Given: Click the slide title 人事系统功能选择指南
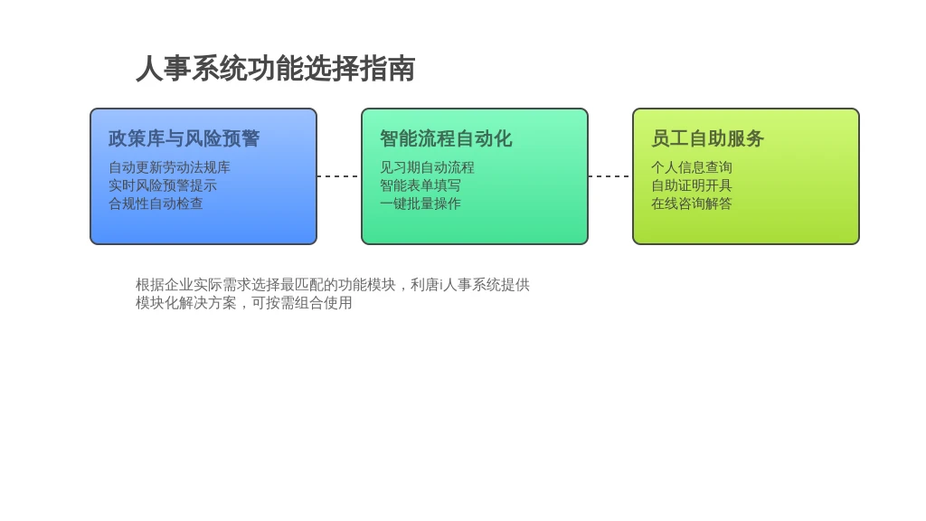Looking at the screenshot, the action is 276,69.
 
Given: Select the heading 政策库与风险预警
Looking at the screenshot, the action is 184,138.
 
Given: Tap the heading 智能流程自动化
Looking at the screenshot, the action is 446,138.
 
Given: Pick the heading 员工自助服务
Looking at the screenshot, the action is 707,138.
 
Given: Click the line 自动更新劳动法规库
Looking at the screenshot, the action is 169,167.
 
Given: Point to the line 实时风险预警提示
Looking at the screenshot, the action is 163,185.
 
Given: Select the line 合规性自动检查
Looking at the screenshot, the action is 156,204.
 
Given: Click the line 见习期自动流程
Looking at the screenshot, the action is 427,167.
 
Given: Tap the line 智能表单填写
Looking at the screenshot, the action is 420,185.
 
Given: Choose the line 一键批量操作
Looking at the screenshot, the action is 420,204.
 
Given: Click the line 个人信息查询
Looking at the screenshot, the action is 692,167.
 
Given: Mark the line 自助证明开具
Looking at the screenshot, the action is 692,185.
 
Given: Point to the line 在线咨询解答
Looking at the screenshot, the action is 692,204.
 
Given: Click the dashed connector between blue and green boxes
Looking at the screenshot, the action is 339,176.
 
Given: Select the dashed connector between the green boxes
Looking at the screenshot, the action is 610,176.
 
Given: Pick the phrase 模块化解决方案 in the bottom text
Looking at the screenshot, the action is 186,303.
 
